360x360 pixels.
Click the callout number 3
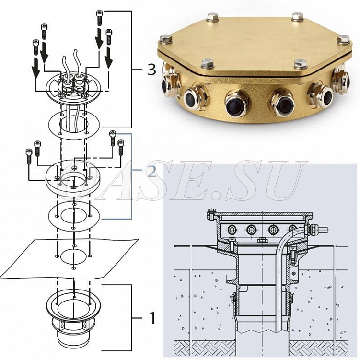151,70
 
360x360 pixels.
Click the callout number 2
152,171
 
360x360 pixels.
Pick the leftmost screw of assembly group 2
29,156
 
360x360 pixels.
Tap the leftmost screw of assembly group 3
35,47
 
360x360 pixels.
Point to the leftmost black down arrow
36,68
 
